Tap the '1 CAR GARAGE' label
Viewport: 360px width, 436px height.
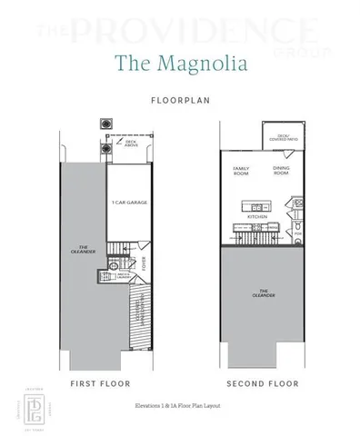coord(129,201)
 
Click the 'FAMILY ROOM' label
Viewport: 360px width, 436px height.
coord(242,171)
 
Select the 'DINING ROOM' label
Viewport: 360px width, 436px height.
coord(281,171)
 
